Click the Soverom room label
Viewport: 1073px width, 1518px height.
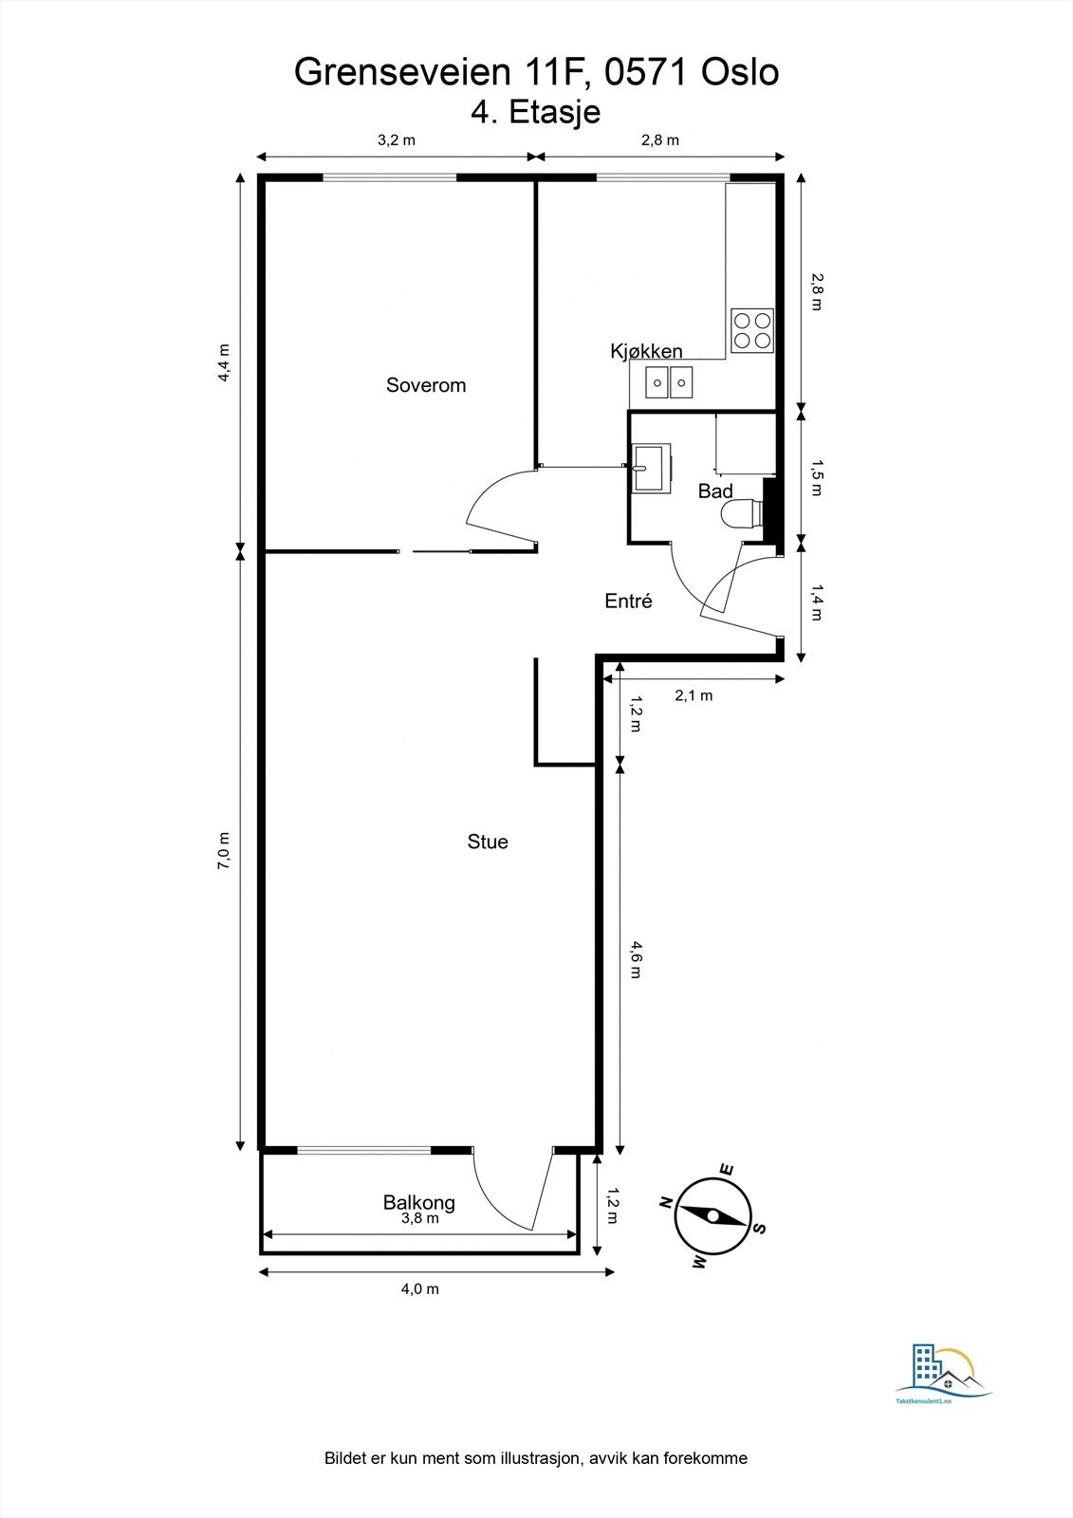[426, 385]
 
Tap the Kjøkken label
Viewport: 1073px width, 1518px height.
[646, 351]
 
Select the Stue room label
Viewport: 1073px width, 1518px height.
[488, 842]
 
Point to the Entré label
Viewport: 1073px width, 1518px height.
[628, 601]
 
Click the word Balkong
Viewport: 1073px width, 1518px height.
[419, 1203]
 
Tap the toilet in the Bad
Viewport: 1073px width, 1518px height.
[741, 513]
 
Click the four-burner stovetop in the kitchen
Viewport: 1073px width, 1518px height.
[752, 330]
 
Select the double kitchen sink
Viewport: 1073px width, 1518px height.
[668, 383]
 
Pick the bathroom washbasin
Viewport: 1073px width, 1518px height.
[651, 469]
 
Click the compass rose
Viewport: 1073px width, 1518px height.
[712, 1215]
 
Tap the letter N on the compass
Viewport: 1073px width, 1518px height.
[665, 1201]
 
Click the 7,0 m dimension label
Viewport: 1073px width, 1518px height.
[224, 850]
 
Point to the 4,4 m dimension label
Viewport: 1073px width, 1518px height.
[224, 362]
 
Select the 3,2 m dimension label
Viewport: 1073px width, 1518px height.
[396, 140]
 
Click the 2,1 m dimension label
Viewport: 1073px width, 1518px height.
[694, 695]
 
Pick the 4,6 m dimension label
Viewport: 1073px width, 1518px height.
[635, 959]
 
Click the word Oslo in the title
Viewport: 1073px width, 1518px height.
[739, 72]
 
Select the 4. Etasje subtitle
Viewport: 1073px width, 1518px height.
[535, 112]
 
